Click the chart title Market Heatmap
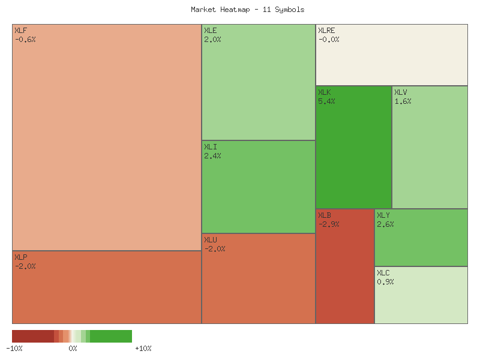(247, 10)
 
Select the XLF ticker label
(20, 31)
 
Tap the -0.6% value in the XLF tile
(25, 40)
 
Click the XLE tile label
(210, 31)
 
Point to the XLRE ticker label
(326, 31)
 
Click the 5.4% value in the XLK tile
(326, 101)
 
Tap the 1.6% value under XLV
(403, 101)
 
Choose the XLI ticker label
(210, 147)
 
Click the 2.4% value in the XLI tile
(212, 156)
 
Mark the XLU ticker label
(210, 240)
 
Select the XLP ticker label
(20, 257)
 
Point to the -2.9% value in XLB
(329, 224)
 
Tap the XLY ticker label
(383, 215)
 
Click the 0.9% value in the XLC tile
(385, 282)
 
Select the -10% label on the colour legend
(14, 349)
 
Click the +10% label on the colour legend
(143, 349)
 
